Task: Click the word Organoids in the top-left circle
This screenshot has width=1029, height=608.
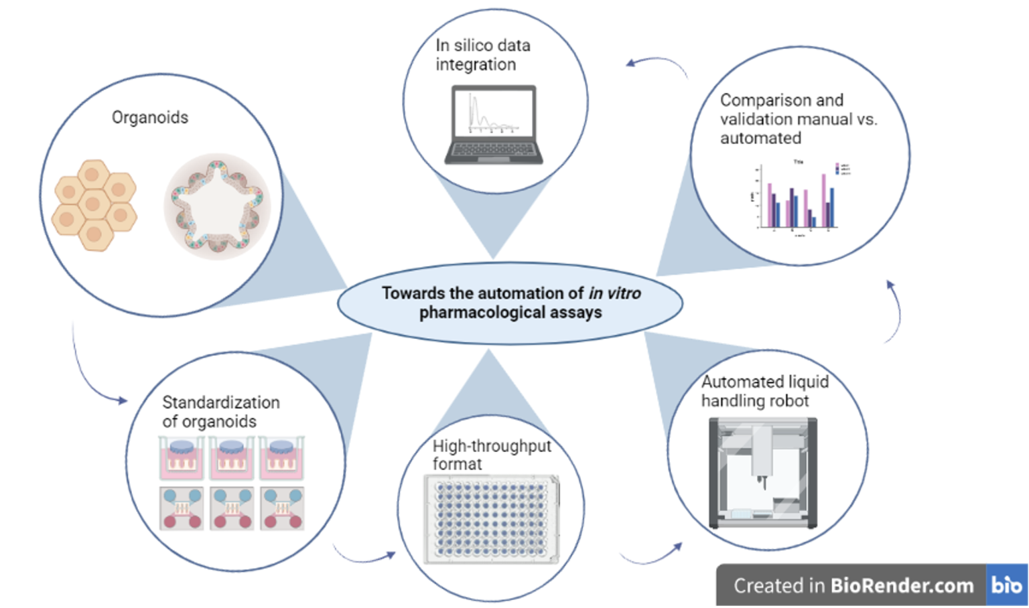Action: click(150, 117)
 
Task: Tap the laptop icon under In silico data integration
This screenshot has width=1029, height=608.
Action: click(494, 125)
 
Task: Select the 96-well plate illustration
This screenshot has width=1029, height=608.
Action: click(492, 520)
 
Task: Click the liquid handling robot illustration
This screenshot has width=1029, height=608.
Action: click(763, 473)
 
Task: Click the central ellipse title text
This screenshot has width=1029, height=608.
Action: click(510, 303)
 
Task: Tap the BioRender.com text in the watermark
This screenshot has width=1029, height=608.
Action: click(902, 585)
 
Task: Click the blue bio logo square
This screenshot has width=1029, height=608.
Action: click(1007, 585)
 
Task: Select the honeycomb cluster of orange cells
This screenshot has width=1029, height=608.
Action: click(94, 205)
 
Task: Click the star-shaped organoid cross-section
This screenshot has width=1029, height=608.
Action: click(217, 207)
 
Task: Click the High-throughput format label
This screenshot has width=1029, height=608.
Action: click(492, 455)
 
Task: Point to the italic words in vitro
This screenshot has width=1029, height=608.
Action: click(614, 293)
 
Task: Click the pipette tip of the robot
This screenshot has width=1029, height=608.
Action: click(762, 482)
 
